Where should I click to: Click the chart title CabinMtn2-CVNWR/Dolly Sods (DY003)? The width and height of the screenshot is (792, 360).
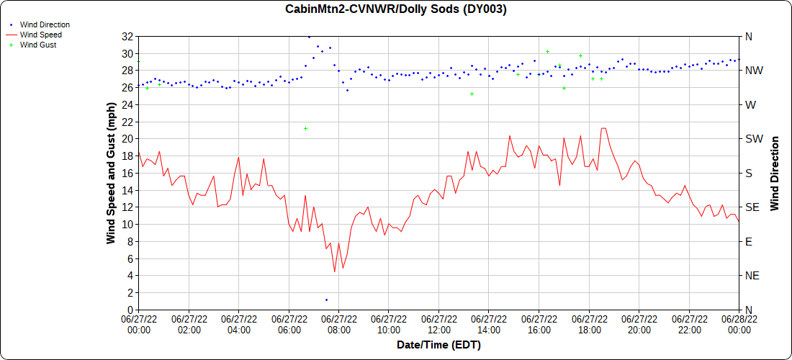tap(396, 9)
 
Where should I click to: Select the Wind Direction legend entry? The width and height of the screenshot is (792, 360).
tap(45, 24)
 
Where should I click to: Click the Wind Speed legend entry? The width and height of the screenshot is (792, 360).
tap(41, 35)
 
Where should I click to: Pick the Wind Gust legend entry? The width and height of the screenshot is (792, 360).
tap(38, 45)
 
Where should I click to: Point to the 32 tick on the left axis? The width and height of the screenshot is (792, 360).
tap(127, 36)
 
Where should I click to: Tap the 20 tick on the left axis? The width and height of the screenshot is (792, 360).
tap(127, 139)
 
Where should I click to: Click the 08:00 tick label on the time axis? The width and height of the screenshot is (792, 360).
tap(338, 324)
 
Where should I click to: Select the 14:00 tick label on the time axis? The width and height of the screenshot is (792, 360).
tap(489, 324)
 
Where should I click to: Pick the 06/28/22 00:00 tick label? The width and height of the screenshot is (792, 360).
tap(739, 324)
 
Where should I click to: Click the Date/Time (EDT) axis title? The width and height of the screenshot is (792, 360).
tap(438, 345)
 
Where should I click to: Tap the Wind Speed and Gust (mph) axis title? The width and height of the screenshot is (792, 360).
tap(111, 173)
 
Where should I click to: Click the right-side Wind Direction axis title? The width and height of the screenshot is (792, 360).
tap(775, 173)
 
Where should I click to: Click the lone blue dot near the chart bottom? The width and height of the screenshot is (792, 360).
tap(326, 300)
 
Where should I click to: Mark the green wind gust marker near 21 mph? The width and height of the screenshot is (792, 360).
tap(305, 129)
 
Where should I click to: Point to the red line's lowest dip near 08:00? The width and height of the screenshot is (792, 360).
tap(335, 271)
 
